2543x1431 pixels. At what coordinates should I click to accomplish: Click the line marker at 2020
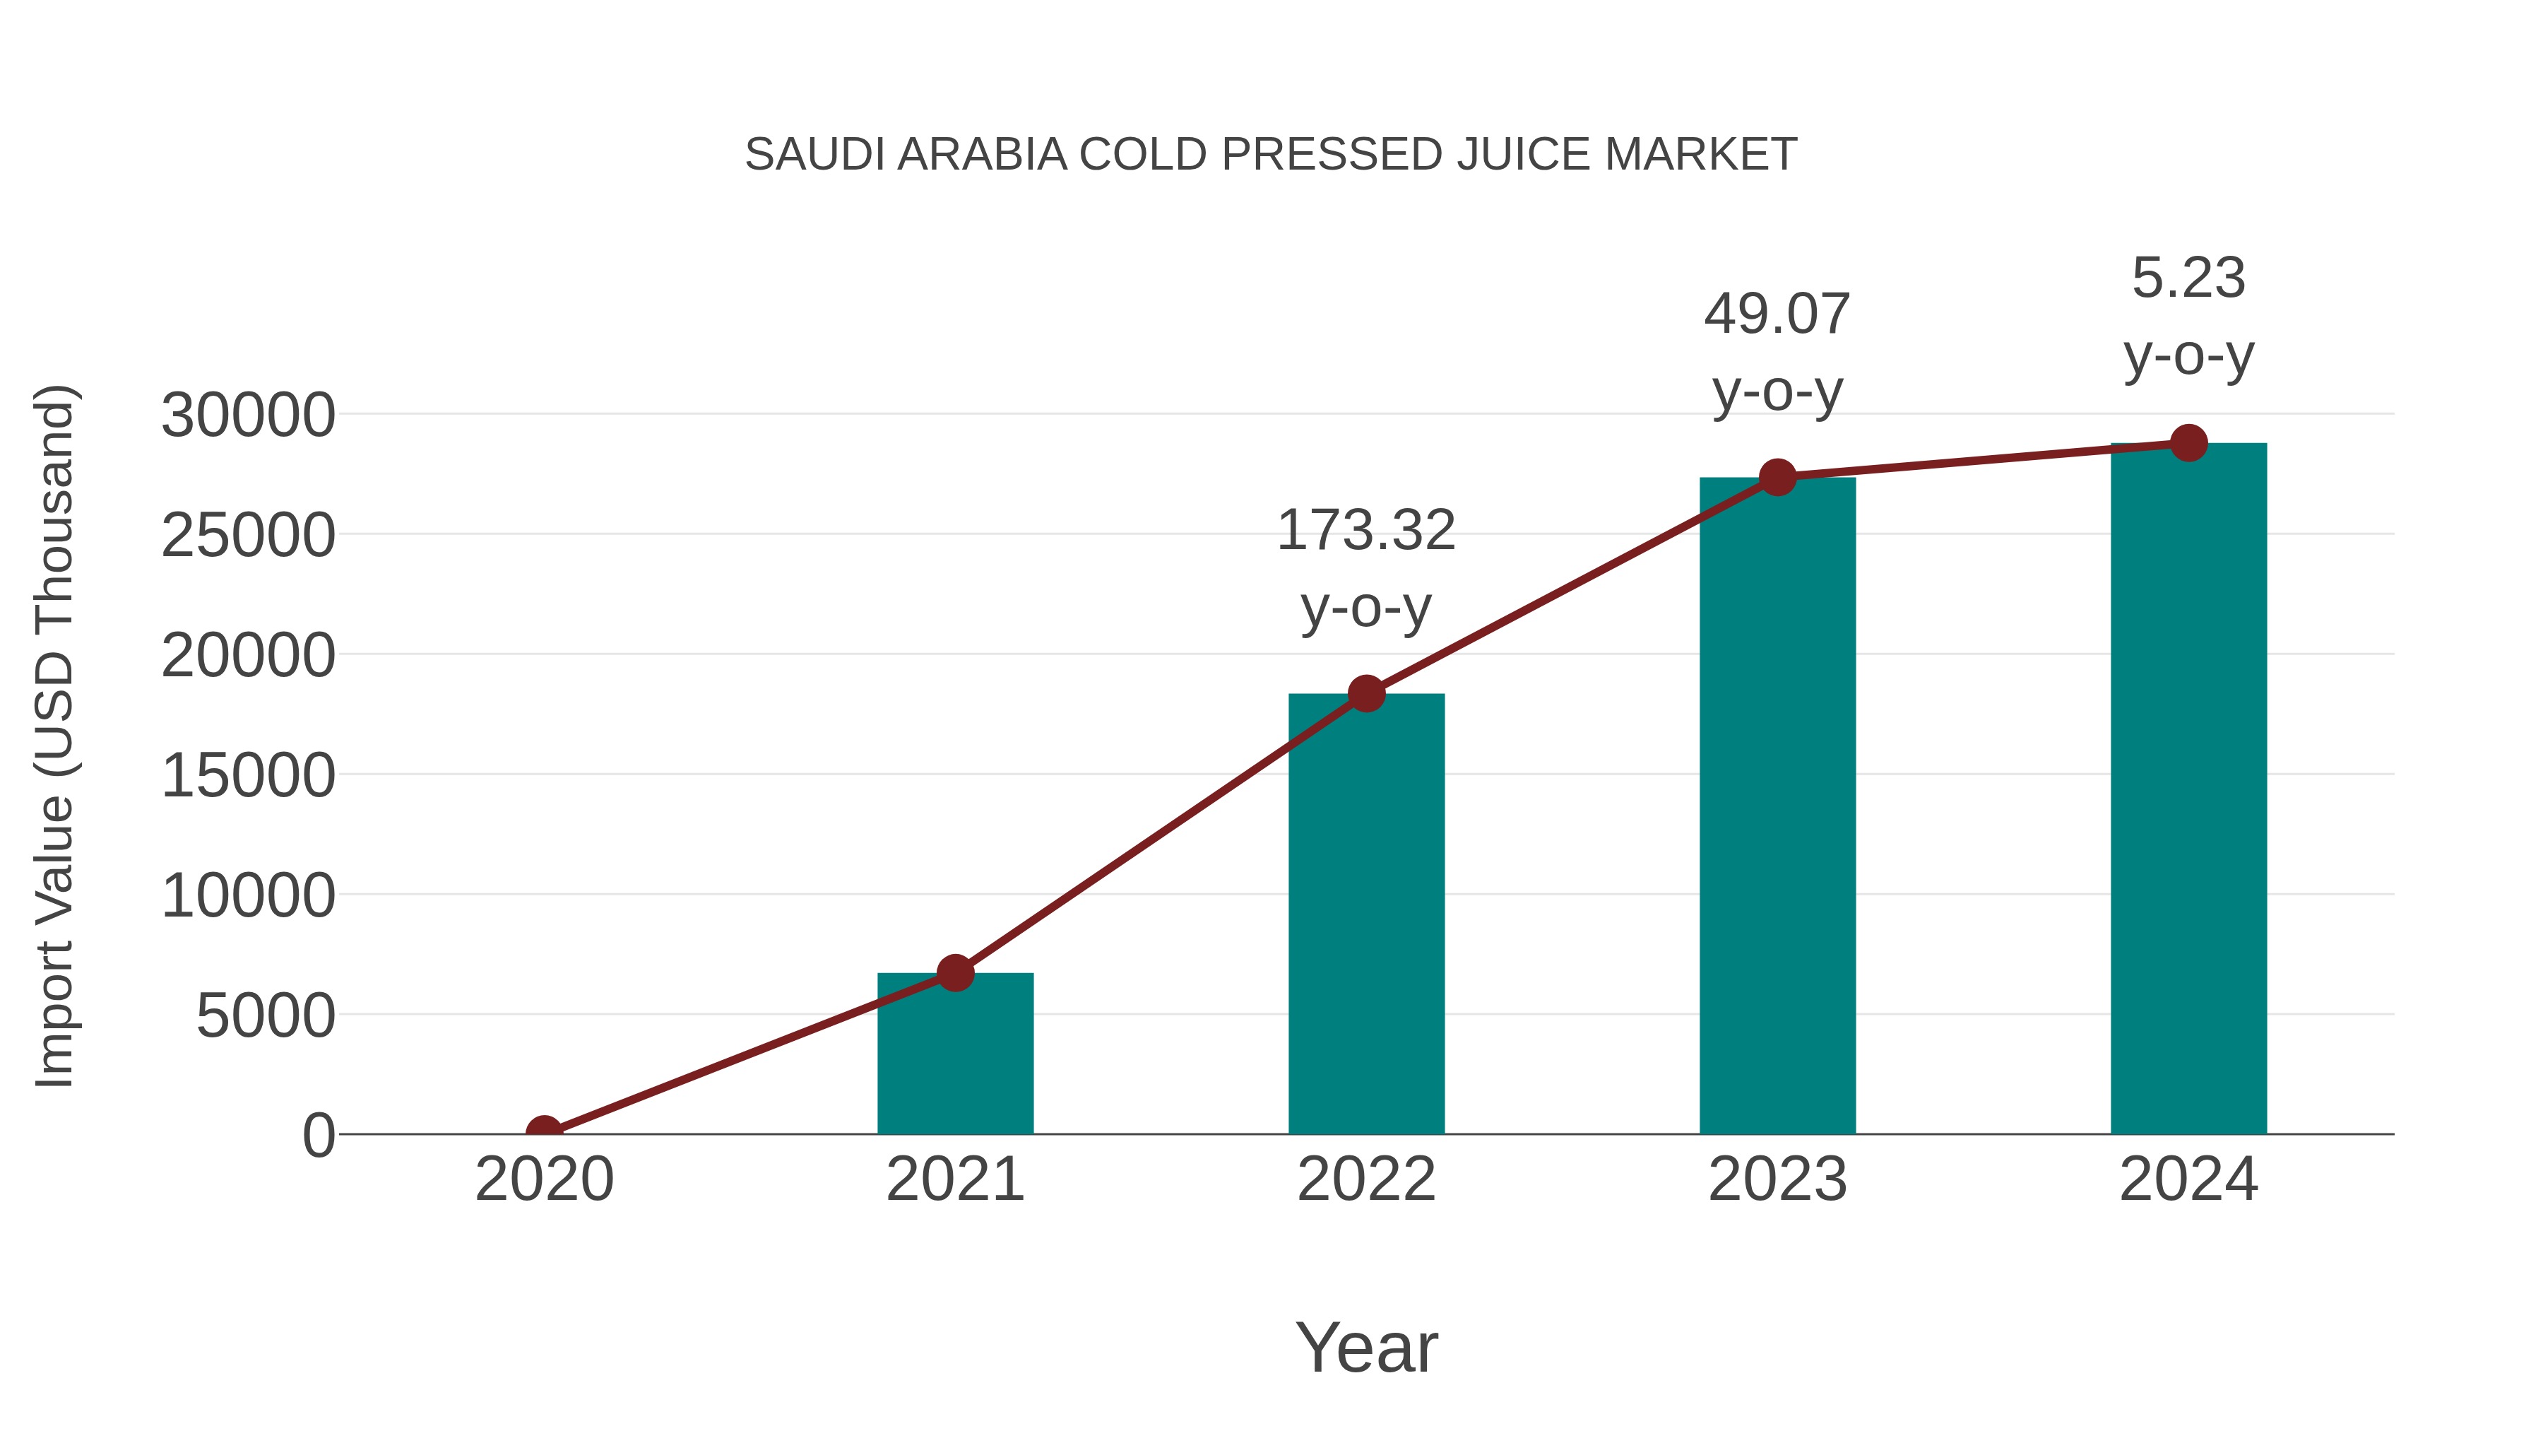544,1132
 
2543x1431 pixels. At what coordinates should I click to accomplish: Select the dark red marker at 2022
1366,693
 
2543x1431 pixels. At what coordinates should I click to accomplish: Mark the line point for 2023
1777,478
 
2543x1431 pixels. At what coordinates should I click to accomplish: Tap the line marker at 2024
2188,443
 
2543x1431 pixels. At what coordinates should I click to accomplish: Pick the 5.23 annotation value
2188,278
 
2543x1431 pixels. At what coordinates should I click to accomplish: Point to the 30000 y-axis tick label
248,415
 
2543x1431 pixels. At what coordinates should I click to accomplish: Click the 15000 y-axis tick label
248,775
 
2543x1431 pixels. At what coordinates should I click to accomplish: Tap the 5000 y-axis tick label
266,1015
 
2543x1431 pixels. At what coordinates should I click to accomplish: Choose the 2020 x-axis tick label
544,1179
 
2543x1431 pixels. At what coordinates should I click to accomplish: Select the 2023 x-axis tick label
1777,1179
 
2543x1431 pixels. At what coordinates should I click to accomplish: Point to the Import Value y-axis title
54,736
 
